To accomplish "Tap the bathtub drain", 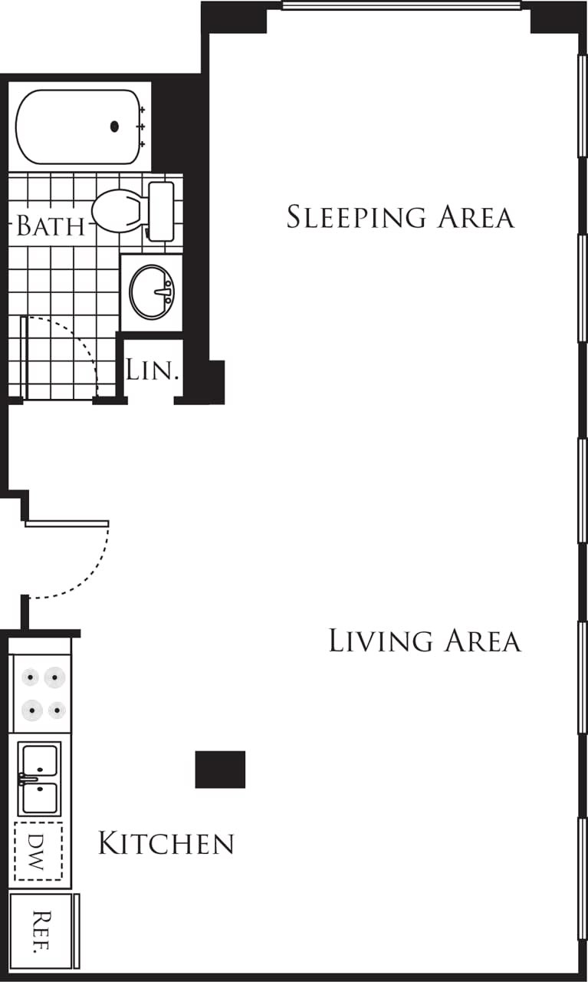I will tap(115, 127).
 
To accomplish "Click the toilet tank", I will tap(161, 211).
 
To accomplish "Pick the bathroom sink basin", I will tap(151, 292).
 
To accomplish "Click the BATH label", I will tap(50, 226).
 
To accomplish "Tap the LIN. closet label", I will tap(153, 371).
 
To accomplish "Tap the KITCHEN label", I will tap(166, 844).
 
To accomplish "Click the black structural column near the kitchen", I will tap(220, 769).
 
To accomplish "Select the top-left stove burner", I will tap(31, 677).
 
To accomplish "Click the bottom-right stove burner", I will tap(57, 710).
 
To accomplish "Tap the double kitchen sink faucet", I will tap(27, 780).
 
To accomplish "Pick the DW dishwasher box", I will tap(38, 851).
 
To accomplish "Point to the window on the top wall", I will tap(401, 6).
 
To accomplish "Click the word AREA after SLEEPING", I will tap(476, 217).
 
